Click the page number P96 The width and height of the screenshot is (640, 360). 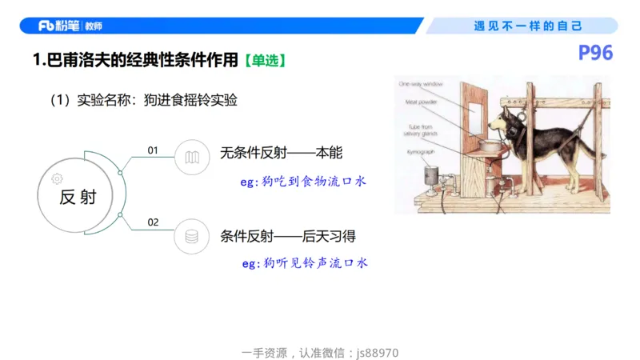(595, 54)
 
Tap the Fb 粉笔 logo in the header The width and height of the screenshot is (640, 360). (70, 26)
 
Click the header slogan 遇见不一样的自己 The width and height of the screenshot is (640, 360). (528, 26)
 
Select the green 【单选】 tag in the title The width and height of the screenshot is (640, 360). (264, 60)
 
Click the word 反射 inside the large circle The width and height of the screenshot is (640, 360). (78, 198)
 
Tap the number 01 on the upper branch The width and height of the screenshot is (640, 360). (154, 150)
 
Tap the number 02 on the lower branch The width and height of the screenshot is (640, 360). (154, 222)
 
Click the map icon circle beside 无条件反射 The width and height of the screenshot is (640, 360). (191, 157)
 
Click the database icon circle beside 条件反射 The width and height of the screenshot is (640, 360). (191, 236)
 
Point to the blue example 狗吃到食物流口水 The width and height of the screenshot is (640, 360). (303, 182)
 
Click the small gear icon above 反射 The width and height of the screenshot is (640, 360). (56, 178)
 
